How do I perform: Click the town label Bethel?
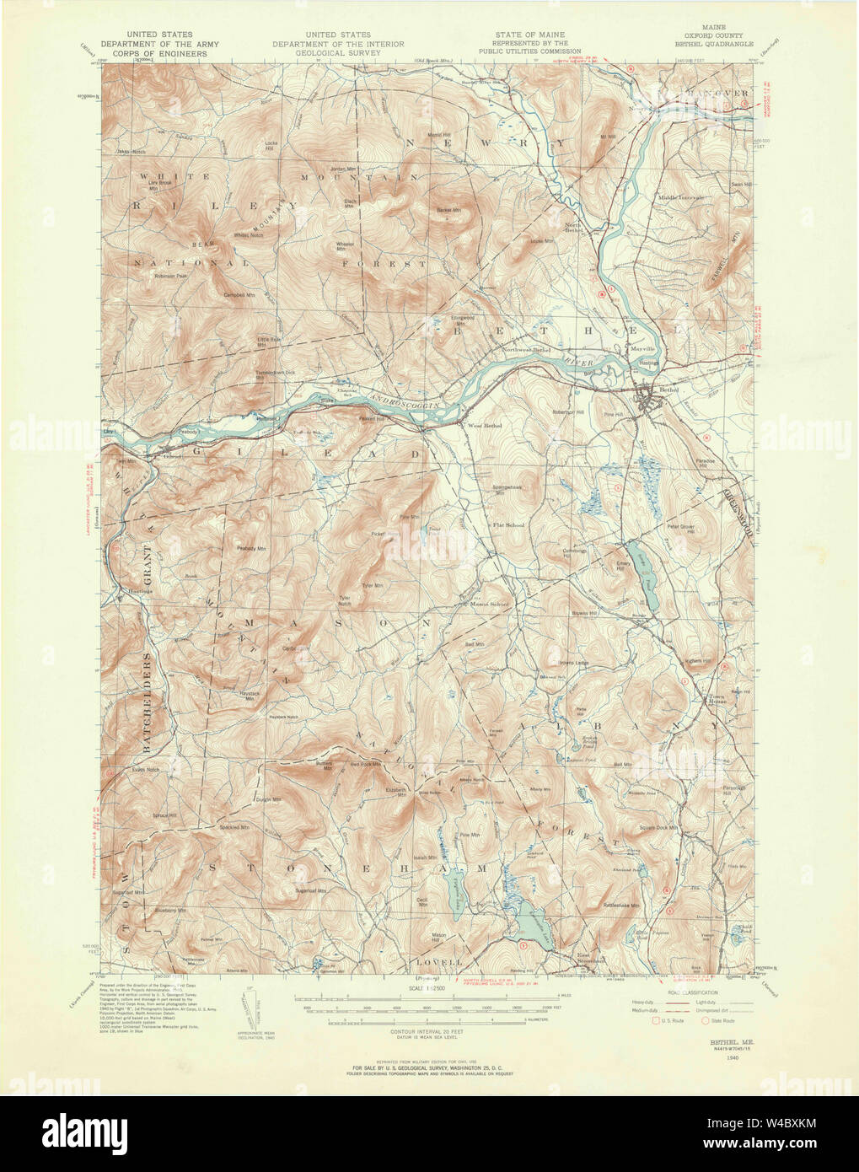pos(668,390)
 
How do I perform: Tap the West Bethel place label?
pos(485,426)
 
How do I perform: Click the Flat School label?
pos(508,525)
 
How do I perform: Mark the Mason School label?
pos(490,604)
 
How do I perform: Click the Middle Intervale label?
pos(681,197)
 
